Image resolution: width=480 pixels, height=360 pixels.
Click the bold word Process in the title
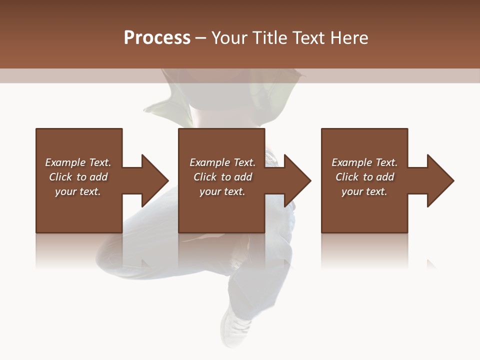(157, 38)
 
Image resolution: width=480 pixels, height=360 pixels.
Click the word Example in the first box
(65, 162)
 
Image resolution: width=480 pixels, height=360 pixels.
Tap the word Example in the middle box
(209, 162)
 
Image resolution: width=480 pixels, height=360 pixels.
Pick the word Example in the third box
(351, 162)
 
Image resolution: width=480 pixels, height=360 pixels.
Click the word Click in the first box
(60, 177)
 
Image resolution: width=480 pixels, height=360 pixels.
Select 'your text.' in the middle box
(222, 191)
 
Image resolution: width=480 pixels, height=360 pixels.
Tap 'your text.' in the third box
(364, 191)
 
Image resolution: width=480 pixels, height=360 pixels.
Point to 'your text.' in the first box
(77, 191)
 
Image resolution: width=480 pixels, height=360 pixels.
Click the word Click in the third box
(347, 177)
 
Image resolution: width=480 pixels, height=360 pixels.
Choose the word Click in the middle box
(205, 177)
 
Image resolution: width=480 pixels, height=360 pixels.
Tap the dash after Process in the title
(200, 38)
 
